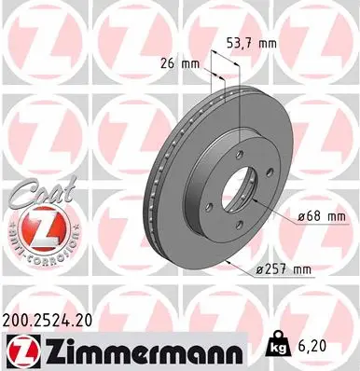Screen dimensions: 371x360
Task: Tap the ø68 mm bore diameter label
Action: pos(322,217)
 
